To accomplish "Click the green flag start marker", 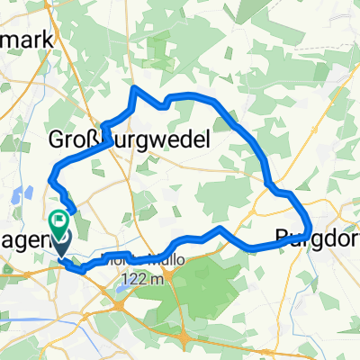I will [61, 219].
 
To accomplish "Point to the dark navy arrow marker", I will [60, 239].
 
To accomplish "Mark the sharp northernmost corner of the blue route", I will [135, 88].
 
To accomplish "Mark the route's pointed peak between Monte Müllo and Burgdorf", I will [219, 230].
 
